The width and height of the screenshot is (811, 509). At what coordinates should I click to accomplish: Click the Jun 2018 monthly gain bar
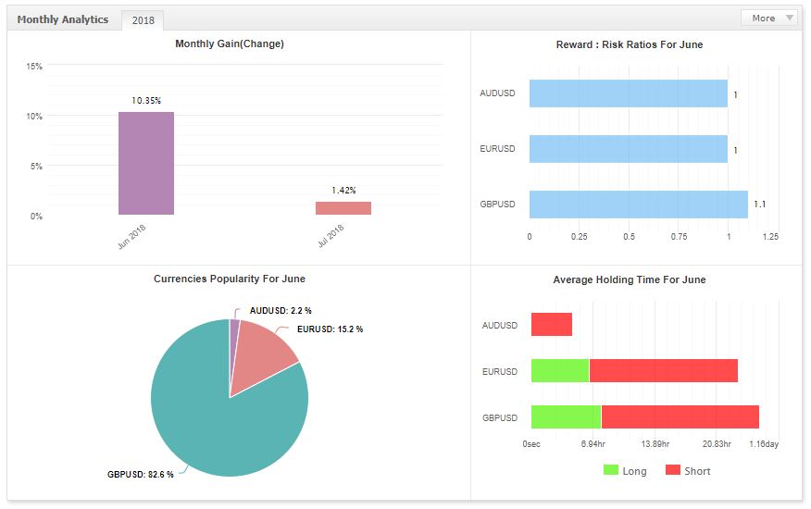pos(145,164)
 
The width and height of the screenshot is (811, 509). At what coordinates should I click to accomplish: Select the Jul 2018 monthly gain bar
pos(343,208)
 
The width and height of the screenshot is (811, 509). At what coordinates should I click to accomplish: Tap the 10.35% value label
pos(146,99)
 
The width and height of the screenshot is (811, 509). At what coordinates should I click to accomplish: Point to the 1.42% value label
pos(344,190)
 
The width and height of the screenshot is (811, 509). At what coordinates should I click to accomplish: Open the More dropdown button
pos(768,18)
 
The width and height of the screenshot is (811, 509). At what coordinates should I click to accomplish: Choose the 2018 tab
pos(143,19)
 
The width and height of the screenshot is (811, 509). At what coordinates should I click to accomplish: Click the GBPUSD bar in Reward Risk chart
pos(638,205)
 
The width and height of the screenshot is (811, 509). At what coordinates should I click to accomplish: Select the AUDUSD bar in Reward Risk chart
pos(628,93)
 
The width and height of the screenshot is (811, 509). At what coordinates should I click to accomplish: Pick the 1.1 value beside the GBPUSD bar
pos(759,205)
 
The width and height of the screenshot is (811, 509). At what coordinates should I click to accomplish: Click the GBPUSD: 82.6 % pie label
pos(140,475)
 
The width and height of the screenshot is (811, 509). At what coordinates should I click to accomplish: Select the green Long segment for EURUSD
pos(560,371)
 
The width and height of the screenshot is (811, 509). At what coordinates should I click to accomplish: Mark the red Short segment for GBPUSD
pos(680,417)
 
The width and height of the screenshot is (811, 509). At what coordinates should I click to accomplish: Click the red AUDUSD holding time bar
pos(552,325)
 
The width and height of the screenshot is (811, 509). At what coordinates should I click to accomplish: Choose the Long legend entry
pos(625,471)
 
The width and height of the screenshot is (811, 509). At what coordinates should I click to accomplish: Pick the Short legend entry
pos(688,471)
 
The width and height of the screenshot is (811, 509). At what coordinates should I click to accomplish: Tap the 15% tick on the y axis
pos(34,67)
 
